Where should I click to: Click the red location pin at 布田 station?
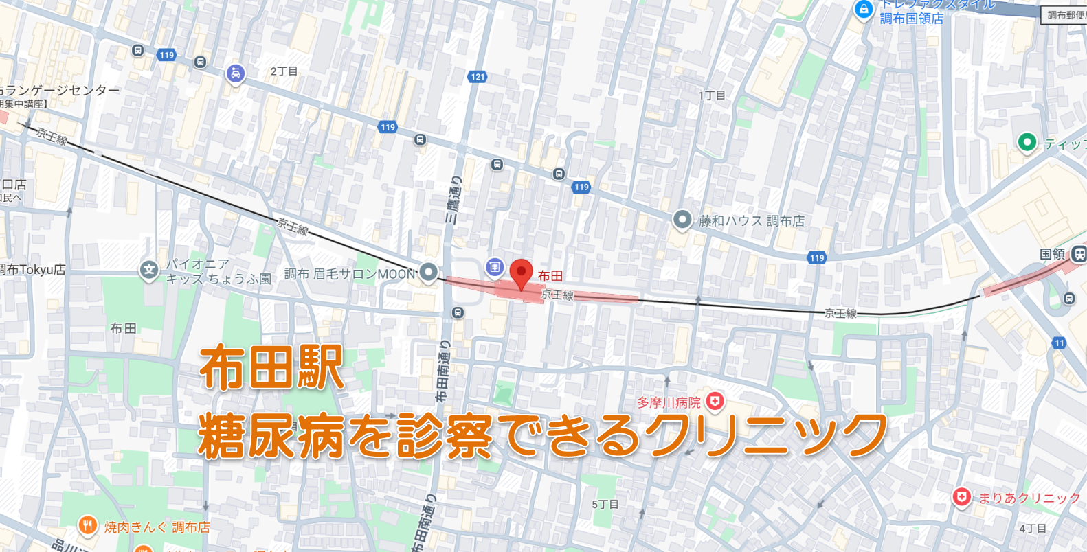click(x=521, y=274)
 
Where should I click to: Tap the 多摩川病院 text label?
click(x=668, y=402)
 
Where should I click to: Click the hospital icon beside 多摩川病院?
click(x=715, y=401)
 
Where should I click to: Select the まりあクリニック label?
click(x=1029, y=498)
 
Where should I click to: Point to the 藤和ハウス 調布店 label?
click(x=751, y=220)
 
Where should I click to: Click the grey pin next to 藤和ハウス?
click(x=682, y=220)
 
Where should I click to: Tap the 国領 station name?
click(x=1051, y=254)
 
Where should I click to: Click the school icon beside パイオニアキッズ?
click(x=149, y=270)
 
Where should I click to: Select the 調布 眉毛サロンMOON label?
click(x=350, y=273)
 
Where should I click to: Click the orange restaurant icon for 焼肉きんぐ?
click(x=87, y=527)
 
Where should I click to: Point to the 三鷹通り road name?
click(x=453, y=200)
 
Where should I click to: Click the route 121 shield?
click(x=478, y=77)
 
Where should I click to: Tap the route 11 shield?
click(x=1059, y=343)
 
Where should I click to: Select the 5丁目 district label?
click(x=605, y=504)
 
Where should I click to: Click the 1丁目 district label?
click(x=712, y=95)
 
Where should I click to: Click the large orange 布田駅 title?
click(x=271, y=368)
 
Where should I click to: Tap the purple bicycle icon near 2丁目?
click(x=236, y=73)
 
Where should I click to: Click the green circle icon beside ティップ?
click(x=1027, y=143)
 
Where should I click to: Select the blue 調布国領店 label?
click(x=911, y=19)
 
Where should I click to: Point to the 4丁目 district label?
click(x=1032, y=528)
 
